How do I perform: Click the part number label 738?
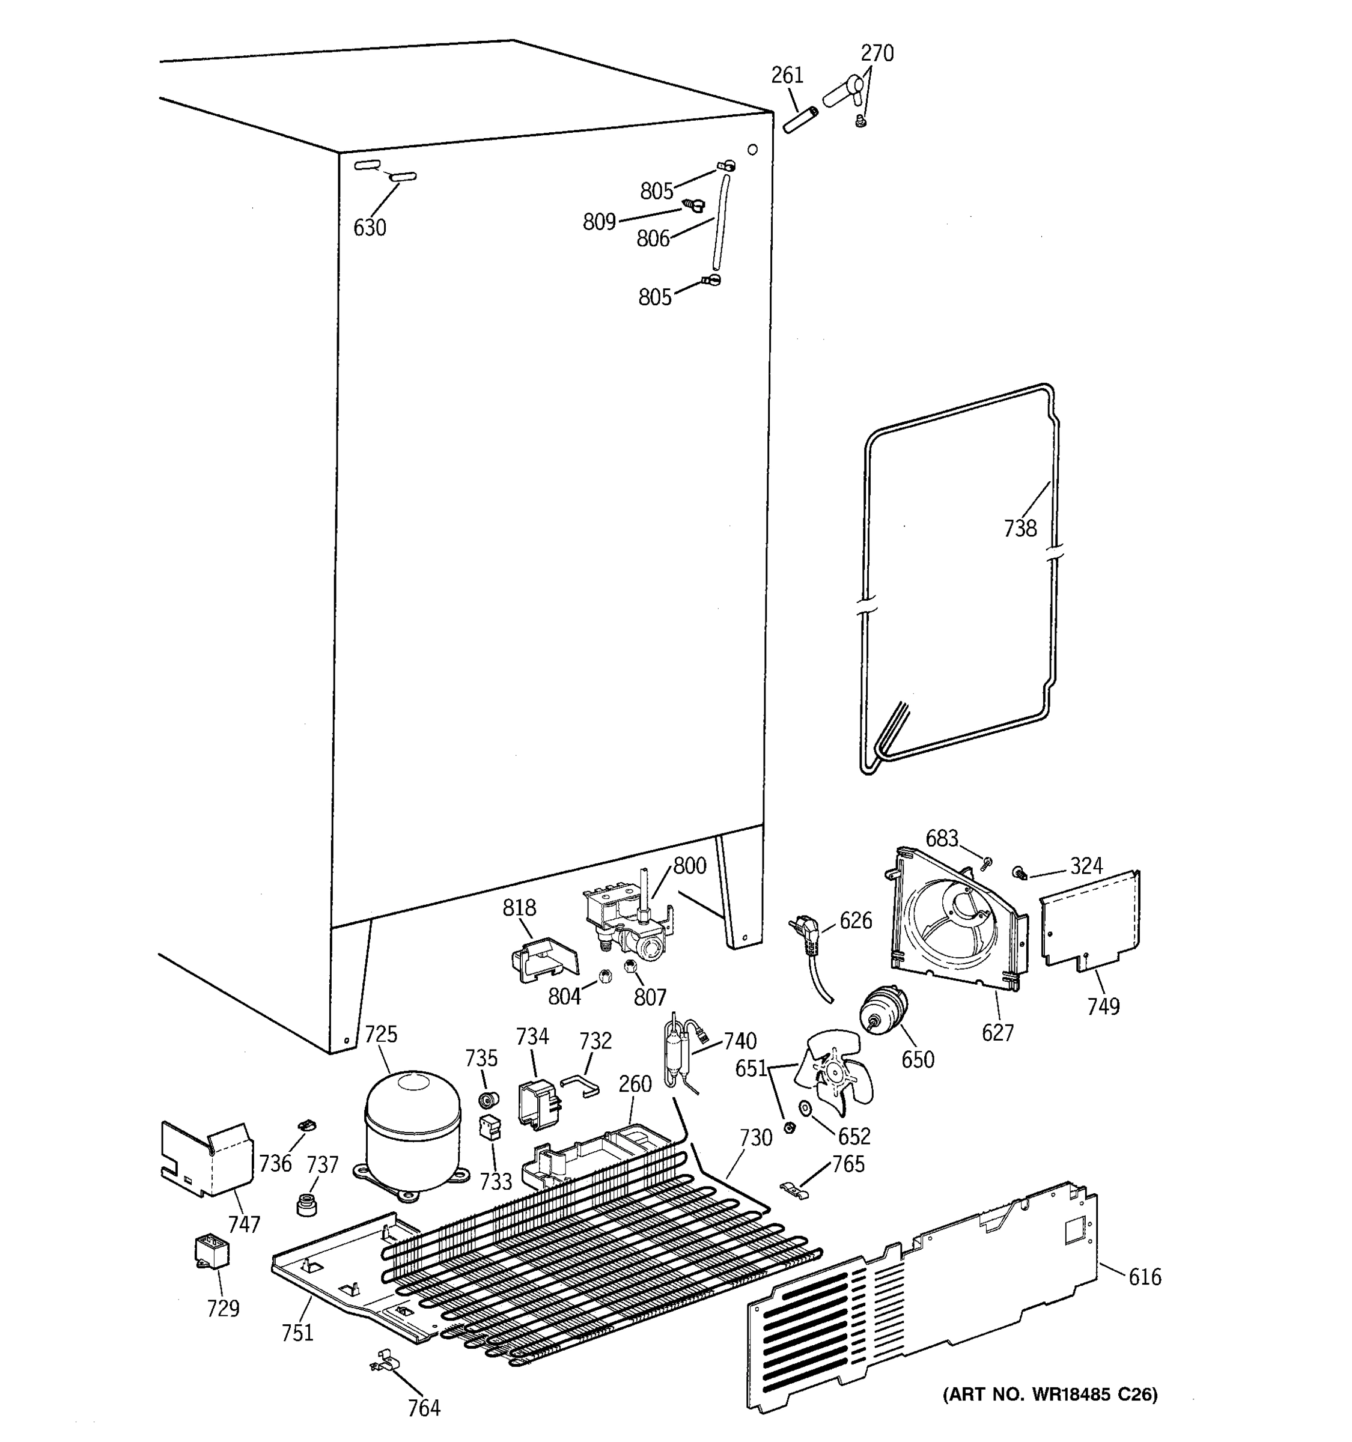pos(1020,528)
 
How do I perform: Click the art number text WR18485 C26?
pos(1050,1394)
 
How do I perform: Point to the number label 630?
pos(369,228)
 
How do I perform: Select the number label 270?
pos(876,53)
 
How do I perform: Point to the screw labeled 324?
pos(1020,872)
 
